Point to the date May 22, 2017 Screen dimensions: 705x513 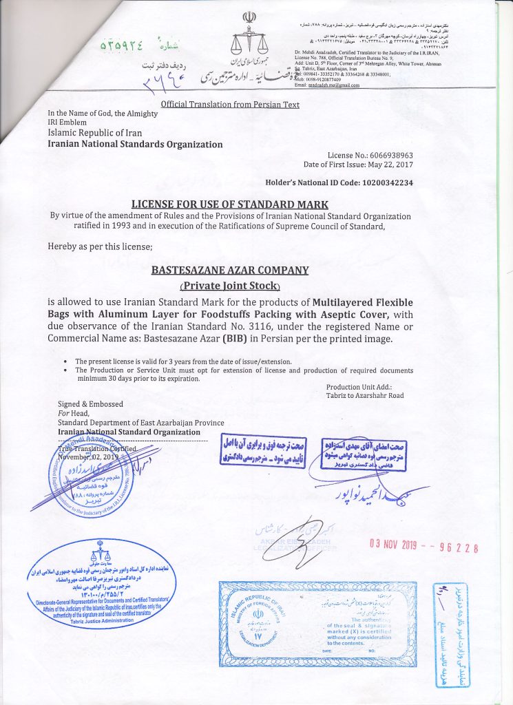click(390, 165)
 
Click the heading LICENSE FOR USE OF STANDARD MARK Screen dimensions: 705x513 click(230, 204)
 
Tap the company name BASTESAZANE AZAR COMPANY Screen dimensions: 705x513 click(230, 270)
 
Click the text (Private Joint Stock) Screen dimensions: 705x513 click(230, 286)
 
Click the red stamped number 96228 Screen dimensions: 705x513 click(457, 548)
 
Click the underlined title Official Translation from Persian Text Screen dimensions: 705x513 click(229, 105)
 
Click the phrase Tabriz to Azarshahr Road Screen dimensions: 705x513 click(365, 395)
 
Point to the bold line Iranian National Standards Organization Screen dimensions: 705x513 click(134, 145)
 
